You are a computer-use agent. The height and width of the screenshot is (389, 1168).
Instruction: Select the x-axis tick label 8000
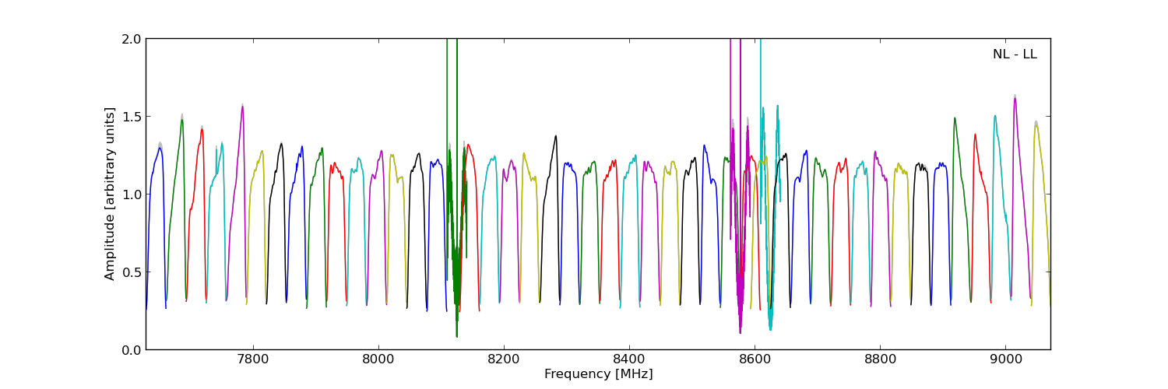(378, 360)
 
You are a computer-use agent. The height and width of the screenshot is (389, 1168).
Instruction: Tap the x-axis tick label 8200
(504, 360)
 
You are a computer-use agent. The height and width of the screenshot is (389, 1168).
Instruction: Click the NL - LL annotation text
(1015, 54)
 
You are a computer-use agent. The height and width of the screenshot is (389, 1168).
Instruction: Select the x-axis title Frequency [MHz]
(598, 374)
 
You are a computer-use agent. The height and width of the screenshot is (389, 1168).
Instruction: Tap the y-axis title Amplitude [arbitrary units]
(111, 194)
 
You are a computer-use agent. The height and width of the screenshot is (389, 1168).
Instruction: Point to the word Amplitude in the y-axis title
(111, 247)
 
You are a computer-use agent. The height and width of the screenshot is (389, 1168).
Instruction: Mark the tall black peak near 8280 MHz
(556, 136)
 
